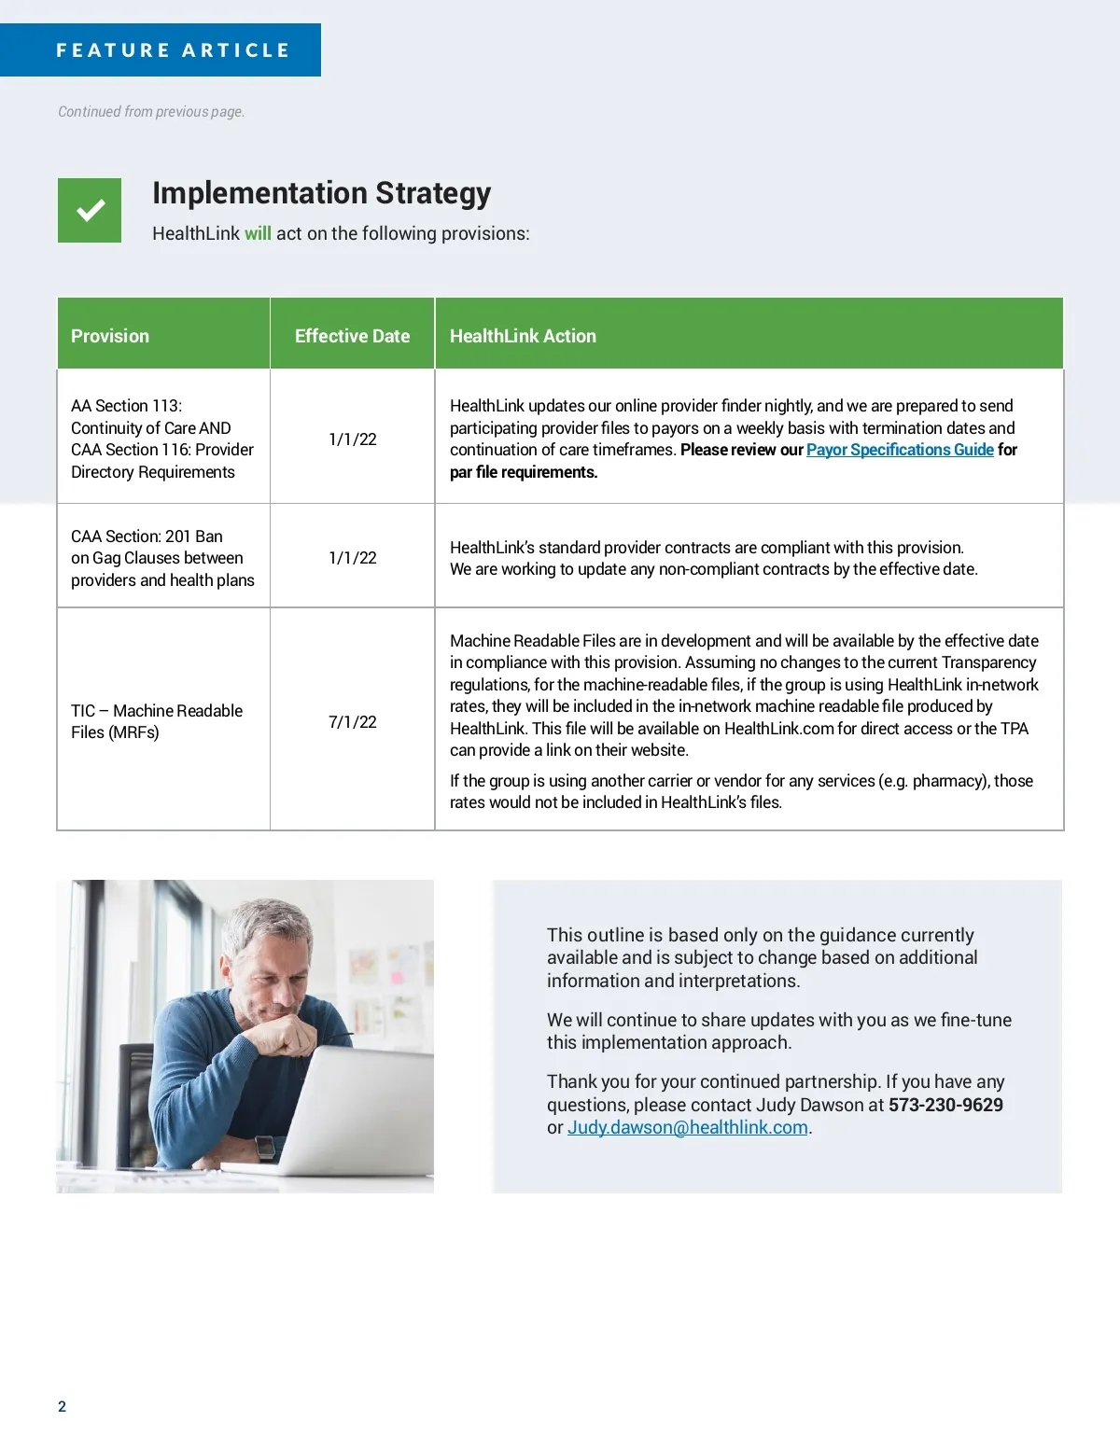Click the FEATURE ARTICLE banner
[173, 50]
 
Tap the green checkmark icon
[90, 211]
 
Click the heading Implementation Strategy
[321, 193]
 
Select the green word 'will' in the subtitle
[258, 233]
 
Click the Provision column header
[110, 336]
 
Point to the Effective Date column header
[352, 336]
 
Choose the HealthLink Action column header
[523, 336]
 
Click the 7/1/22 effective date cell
[353, 722]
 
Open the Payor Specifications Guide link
[900, 450]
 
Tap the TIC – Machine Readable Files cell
[157, 721]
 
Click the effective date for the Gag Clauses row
[353, 558]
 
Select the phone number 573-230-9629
[945, 1105]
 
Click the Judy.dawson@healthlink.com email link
[688, 1127]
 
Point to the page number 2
[63, 1407]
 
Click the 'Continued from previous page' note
[151, 112]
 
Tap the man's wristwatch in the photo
[266, 1147]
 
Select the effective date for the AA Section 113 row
[353, 439]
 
